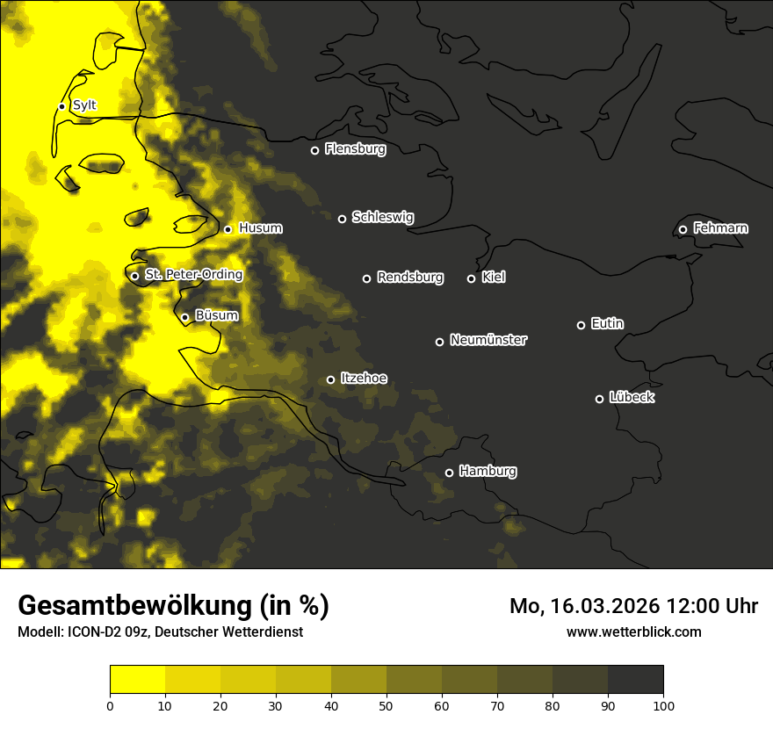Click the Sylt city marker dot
[61, 106]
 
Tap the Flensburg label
[355, 149]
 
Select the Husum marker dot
[228, 229]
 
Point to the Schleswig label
[382, 217]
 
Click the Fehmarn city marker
[683, 229]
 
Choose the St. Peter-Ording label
[193, 275]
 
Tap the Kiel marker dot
[471, 278]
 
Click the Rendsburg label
[409, 278]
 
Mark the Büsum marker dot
[184, 317]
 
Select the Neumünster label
[488, 340]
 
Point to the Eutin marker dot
[581, 325]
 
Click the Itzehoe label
[363, 379]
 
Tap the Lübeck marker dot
[600, 398]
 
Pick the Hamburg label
[488, 472]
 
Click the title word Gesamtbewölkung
[136, 605]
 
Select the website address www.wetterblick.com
[633, 632]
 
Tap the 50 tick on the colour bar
[386, 704]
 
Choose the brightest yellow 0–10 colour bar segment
[137, 680]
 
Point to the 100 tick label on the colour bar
[663, 704]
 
